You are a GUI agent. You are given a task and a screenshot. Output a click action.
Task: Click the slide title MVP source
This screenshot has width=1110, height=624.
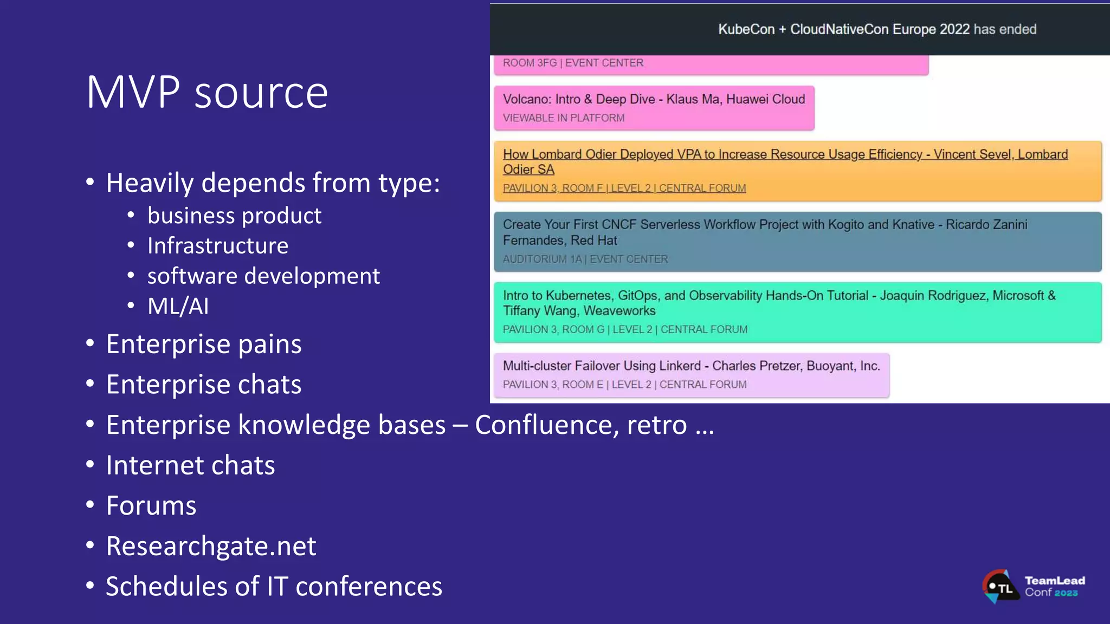207,93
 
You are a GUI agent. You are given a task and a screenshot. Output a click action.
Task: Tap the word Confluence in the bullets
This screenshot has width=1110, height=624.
546,425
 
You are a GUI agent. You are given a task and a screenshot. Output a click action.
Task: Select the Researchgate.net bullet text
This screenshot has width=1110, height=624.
211,546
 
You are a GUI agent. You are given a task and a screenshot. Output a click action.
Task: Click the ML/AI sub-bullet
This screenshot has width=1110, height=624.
178,307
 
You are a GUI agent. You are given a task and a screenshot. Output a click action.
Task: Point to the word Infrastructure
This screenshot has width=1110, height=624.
218,246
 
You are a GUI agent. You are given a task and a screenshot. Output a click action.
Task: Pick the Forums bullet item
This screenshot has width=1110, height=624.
151,506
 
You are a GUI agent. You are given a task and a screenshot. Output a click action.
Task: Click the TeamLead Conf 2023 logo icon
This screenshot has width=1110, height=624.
1000,587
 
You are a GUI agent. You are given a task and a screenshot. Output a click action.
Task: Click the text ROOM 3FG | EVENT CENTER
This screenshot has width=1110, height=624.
573,63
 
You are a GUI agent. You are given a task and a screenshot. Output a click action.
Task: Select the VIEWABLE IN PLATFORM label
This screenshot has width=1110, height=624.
563,118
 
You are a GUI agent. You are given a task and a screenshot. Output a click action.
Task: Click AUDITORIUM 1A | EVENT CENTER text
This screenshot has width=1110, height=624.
585,259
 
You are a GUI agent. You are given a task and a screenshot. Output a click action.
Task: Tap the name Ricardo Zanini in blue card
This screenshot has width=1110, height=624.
986,225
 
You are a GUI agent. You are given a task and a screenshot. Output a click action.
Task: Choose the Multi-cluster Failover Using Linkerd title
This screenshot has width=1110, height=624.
602,366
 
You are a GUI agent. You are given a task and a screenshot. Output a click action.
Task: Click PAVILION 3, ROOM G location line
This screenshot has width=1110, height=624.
624,329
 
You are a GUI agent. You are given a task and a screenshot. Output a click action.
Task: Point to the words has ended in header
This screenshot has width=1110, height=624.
1005,29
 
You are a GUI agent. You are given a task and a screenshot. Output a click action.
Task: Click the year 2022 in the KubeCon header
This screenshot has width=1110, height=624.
954,29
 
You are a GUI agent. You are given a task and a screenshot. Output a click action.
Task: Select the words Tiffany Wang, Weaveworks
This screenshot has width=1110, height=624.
579,311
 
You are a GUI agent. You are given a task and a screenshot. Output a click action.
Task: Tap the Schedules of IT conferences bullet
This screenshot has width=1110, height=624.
274,587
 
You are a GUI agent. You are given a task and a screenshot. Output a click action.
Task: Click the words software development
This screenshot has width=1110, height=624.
263,276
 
